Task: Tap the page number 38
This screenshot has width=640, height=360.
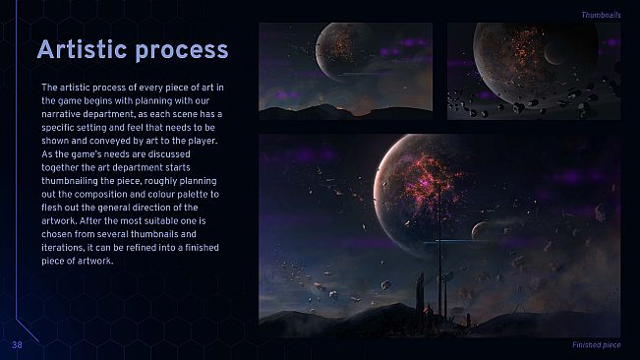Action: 18,345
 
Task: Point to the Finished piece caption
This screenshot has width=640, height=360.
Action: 596,345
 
